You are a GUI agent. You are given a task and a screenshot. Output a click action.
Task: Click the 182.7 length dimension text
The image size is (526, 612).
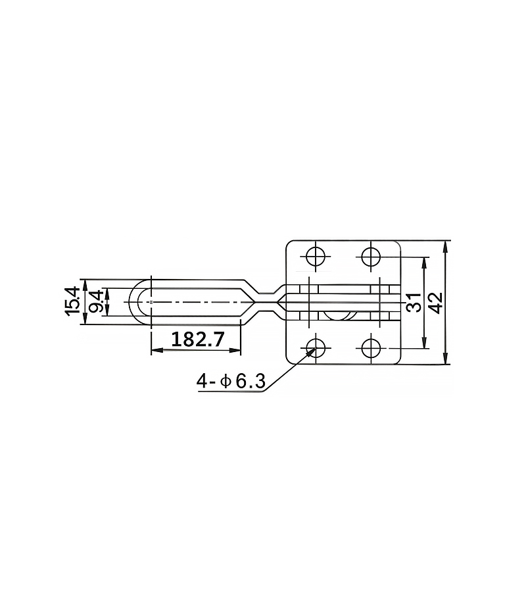pos(198,340)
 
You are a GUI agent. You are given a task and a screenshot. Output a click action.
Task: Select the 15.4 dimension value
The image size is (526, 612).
pos(72,301)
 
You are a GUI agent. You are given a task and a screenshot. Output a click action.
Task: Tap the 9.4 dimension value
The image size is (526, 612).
pos(96,301)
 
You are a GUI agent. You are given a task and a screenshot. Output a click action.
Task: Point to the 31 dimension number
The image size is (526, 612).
pos(414,301)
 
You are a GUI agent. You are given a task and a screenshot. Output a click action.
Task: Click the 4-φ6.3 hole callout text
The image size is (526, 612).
pos(231,381)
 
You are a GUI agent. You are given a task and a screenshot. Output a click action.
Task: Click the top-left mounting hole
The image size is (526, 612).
pos(316,257)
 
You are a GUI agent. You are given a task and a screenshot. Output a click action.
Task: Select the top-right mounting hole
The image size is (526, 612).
pos(371,257)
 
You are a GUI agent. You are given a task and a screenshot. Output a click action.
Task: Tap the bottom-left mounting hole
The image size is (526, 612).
pos(316,347)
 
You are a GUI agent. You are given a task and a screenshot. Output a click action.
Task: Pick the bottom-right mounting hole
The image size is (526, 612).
pos(371,347)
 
